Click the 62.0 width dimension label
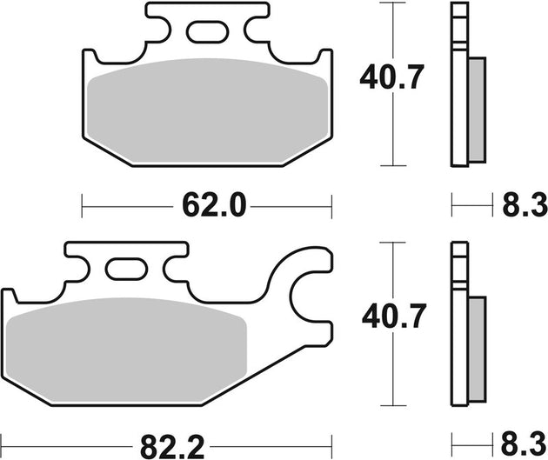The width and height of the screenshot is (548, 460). (207, 207)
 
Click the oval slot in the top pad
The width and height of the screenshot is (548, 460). (206, 35)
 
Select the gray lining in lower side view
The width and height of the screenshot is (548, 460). (478, 348)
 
